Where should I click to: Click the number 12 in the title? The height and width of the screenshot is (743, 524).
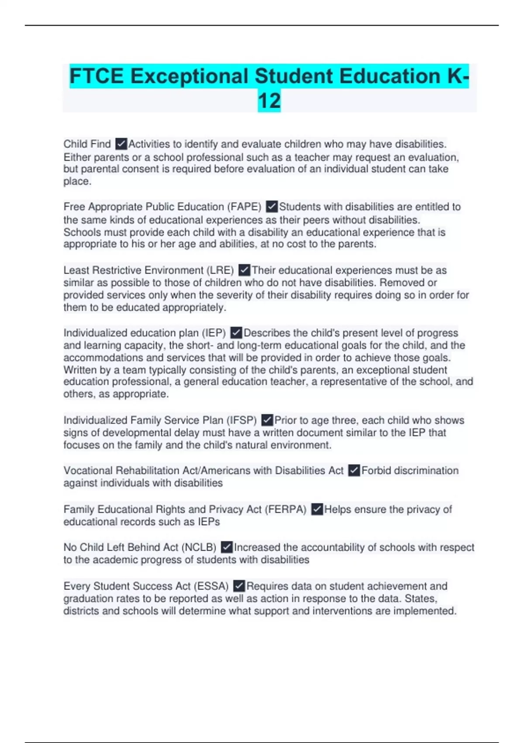(x=269, y=101)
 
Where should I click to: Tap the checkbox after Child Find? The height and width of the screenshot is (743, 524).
(x=121, y=144)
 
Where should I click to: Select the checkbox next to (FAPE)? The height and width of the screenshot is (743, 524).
(x=272, y=206)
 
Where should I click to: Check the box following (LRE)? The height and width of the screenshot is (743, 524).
(x=245, y=270)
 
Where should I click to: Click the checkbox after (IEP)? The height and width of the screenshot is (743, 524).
(x=236, y=333)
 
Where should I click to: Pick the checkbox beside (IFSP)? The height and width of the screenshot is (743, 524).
(x=267, y=420)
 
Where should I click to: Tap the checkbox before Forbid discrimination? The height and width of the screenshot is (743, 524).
(x=354, y=470)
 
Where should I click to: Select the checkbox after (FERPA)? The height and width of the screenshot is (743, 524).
(x=317, y=509)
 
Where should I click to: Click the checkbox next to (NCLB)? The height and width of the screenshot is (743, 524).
(x=227, y=547)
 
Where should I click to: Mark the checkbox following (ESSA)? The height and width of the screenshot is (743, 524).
(x=239, y=586)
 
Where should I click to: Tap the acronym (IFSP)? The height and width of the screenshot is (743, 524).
(x=241, y=420)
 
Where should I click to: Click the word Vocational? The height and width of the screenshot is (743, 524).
(x=88, y=471)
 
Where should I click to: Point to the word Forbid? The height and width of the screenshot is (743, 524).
(x=375, y=471)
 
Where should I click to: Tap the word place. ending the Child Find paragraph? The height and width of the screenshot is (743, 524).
(x=77, y=181)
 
